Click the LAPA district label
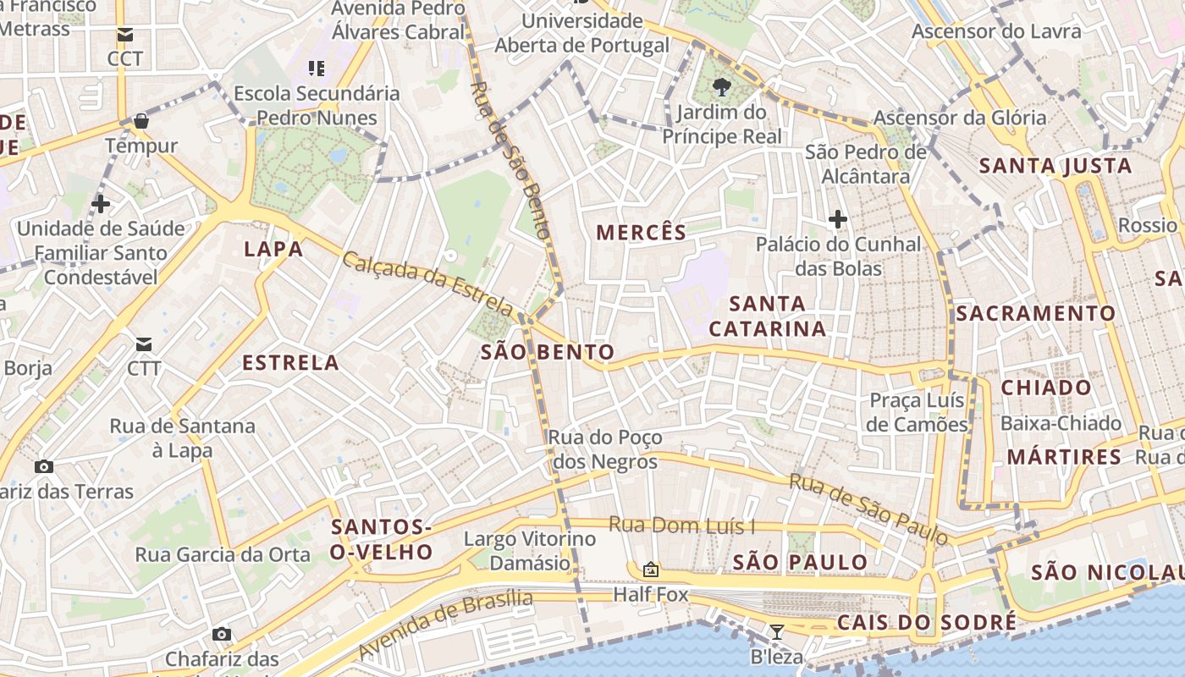point(273,249)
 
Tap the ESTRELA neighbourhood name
point(290,363)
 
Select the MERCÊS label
point(641,233)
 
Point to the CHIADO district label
point(1046,388)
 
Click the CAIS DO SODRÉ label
point(926,623)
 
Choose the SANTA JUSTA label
point(1055,166)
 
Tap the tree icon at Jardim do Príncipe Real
point(722,86)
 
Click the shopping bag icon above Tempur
point(141,121)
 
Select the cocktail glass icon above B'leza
point(776,631)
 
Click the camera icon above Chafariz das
point(222,634)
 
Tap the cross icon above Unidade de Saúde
point(101,204)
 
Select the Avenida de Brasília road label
point(446,626)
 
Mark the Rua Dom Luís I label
point(681,526)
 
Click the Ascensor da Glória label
point(960,118)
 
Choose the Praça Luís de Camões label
point(917,412)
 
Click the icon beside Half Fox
point(651,570)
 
